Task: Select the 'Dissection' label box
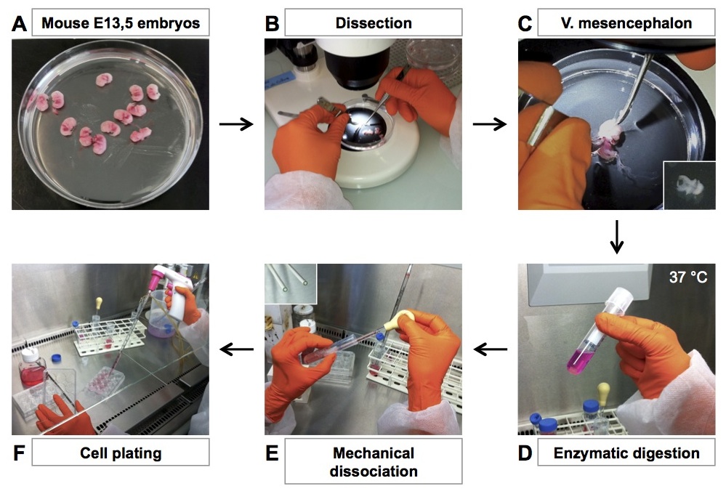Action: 374,23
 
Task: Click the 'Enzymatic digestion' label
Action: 626,454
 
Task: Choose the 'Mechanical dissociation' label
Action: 374,462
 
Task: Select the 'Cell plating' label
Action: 121,454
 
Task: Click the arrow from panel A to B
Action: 235,124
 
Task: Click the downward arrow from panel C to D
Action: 616,237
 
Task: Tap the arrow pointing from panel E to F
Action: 236,350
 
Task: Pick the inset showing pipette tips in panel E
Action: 291,283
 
